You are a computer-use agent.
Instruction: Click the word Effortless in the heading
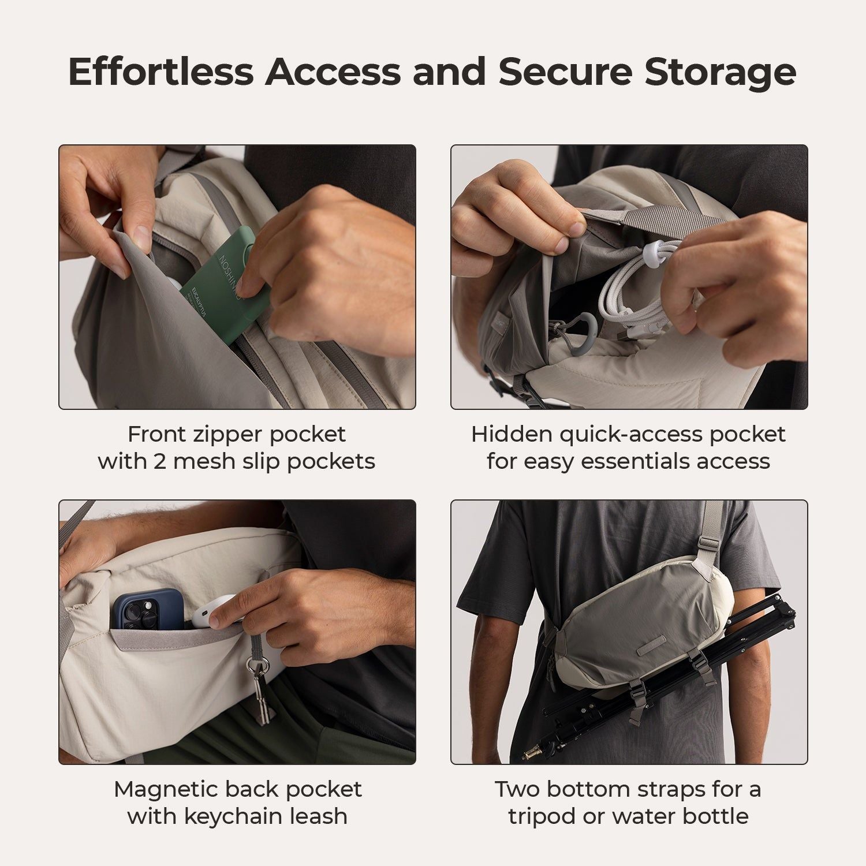161,72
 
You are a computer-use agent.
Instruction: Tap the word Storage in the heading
721,72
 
